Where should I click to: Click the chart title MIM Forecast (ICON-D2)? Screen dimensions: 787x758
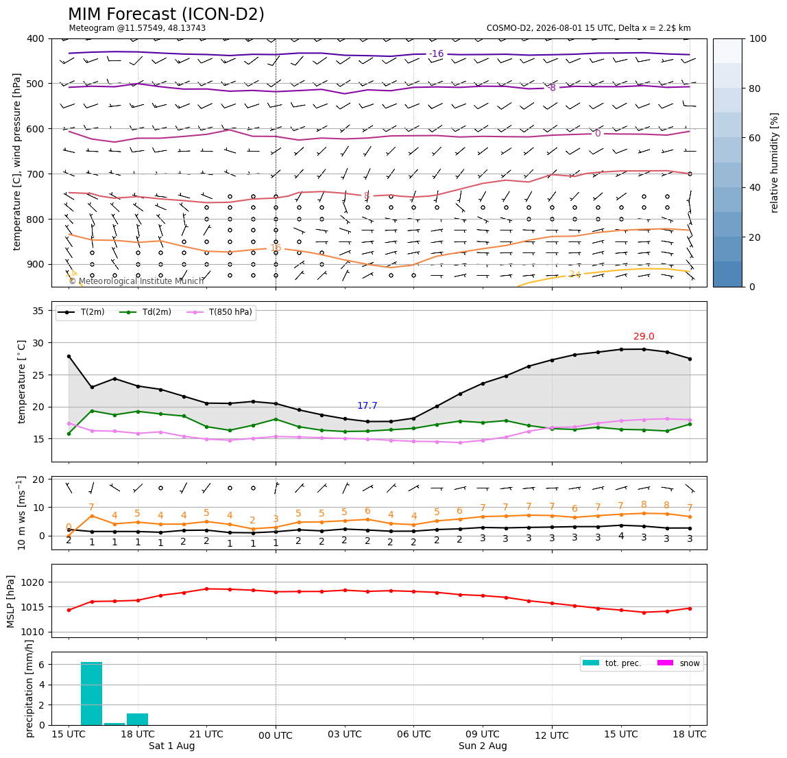tap(166, 14)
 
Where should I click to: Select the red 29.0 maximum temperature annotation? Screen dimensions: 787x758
tap(644, 337)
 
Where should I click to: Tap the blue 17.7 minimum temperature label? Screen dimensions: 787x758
tap(367, 406)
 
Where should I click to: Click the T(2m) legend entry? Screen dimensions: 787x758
tap(82, 312)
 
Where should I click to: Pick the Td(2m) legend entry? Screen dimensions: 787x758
tap(145, 312)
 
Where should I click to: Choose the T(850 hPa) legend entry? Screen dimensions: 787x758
tap(219, 312)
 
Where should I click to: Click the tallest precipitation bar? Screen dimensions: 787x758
tap(91, 694)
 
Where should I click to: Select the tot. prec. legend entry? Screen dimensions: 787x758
tap(612, 663)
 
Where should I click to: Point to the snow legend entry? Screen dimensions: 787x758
tap(679, 663)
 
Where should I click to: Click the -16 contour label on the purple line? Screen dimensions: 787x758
tap(436, 54)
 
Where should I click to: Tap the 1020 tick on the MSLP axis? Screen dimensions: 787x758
tap(34, 582)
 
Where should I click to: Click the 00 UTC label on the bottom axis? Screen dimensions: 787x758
tap(276, 735)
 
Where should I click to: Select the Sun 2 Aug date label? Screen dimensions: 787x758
tap(483, 746)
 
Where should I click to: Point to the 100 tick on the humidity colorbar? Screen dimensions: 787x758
tap(758, 38)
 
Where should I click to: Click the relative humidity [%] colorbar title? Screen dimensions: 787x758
tap(775, 163)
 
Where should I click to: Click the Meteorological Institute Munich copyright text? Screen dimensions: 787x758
tap(136, 281)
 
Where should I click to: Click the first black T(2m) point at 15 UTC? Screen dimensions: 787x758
tap(69, 356)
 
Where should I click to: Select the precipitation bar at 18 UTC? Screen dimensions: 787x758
tap(138, 720)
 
